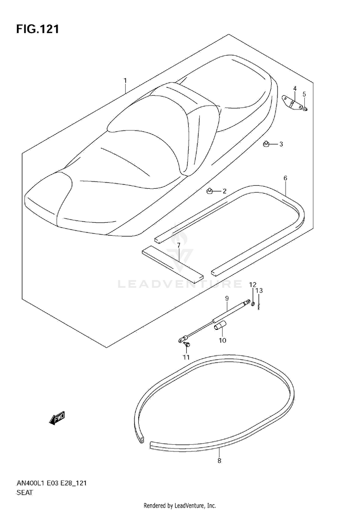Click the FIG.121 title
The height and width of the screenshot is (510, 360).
pyautogui.click(x=38, y=29)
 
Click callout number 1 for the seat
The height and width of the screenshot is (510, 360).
pyautogui.click(x=125, y=80)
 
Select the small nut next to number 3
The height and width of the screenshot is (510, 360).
pyautogui.click(x=266, y=144)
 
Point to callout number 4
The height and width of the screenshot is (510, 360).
pyautogui.click(x=295, y=88)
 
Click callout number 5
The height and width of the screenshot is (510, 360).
pyautogui.click(x=304, y=94)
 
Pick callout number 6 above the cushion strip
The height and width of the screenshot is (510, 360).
pyautogui.click(x=285, y=178)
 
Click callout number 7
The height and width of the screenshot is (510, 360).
pyautogui.click(x=178, y=245)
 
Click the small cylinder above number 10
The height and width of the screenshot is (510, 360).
pyautogui.click(x=219, y=328)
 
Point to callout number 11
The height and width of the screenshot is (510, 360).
pyautogui.click(x=186, y=357)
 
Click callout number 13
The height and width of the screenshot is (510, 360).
pyautogui.click(x=259, y=291)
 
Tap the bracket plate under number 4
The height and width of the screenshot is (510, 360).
pyautogui.click(x=291, y=103)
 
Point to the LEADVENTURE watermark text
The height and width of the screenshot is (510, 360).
pyautogui.click(x=180, y=284)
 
